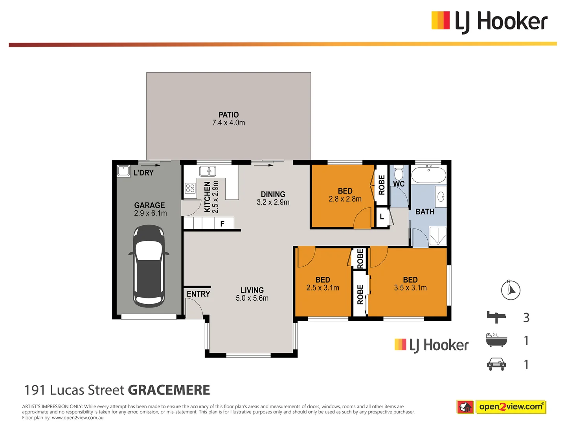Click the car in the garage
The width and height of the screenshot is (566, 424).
[x=149, y=266]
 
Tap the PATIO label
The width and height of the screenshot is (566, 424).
[x=228, y=115]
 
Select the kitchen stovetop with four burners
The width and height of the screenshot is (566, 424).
[x=190, y=188]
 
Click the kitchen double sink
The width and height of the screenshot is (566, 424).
[x=208, y=171]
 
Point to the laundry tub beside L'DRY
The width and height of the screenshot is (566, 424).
[x=123, y=171]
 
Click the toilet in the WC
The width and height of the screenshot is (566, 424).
[x=399, y=173]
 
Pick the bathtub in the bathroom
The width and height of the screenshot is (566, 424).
[x=428, y=175]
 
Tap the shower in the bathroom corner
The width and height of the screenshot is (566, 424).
[x=437, y=236]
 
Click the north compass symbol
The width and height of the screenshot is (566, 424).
[x=511, y=290]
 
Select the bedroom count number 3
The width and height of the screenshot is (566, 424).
[x=526, y=317]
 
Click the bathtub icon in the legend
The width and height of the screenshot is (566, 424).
[x=496, y=340]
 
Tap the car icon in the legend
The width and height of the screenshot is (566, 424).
[x=496, y=364]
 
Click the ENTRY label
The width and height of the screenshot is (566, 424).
[x=198, y=294]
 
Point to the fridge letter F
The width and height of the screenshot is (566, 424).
[x=222, y=224]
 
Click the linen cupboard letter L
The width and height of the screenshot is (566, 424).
[x=382, y=217]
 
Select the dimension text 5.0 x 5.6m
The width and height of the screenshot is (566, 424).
[x=252, y=298]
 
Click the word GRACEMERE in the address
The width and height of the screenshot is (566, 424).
[x=169, y=390]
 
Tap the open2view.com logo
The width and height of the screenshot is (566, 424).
[x=510, y=407]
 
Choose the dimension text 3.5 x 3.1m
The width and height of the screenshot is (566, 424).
[x=410, y=288]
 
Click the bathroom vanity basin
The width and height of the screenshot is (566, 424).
[x=441, y=196]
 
